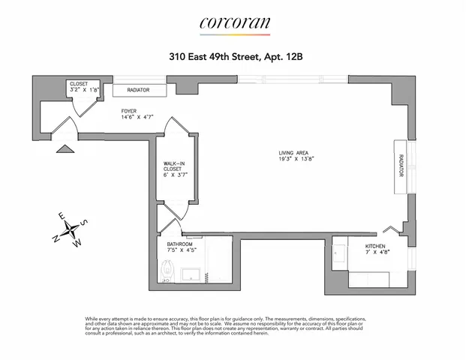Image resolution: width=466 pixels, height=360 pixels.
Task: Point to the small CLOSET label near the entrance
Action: pos(78,84)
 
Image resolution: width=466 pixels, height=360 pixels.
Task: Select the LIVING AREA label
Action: pos(293,153)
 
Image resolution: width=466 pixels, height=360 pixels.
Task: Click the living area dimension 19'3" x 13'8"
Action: pos(294,160)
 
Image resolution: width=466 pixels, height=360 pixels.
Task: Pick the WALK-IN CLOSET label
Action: pos(173,166)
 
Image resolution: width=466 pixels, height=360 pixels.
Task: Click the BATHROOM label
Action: pos(180,244)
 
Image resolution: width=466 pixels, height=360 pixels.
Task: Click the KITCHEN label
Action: pos(376,246)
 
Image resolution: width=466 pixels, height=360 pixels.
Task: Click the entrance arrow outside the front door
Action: pos(68,148)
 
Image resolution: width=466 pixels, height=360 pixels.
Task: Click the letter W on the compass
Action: pos(77,243)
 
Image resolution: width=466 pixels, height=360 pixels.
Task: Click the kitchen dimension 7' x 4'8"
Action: pos(377,253)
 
